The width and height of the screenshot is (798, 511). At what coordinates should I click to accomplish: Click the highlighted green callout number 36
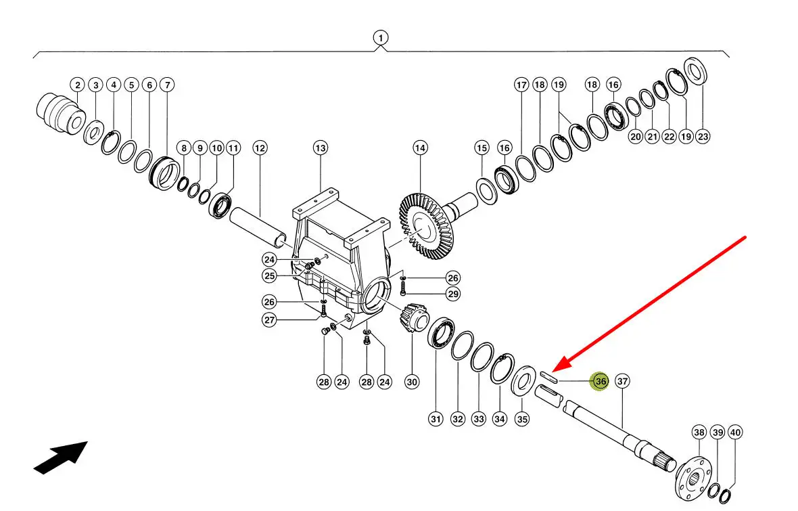[x=601, y=382]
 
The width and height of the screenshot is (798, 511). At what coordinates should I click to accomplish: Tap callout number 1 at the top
[x=381, y=38]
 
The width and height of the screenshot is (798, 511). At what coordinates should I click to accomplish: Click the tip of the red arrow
[x=553, y=370]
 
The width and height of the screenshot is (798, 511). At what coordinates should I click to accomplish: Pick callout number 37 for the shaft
[x=623, y=382]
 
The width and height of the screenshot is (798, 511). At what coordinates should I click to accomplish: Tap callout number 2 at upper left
[x=78, y=85]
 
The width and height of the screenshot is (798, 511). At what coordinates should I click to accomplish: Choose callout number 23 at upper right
[x=703, y=136]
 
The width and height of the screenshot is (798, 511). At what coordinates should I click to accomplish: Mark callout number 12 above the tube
[x=260, y=148]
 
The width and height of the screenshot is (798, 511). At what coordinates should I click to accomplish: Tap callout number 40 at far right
[x=736, y=432]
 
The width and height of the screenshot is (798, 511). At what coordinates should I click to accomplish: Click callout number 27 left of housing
[x=270, y=320]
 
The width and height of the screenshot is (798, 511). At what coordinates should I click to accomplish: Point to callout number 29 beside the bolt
[x=453, y=294]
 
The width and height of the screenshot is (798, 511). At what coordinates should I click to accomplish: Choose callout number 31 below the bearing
[x=436, y=420]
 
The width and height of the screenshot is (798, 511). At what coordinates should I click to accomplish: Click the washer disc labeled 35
[x=523, y=380]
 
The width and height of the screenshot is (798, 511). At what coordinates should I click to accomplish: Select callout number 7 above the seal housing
[x=167, y=85]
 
